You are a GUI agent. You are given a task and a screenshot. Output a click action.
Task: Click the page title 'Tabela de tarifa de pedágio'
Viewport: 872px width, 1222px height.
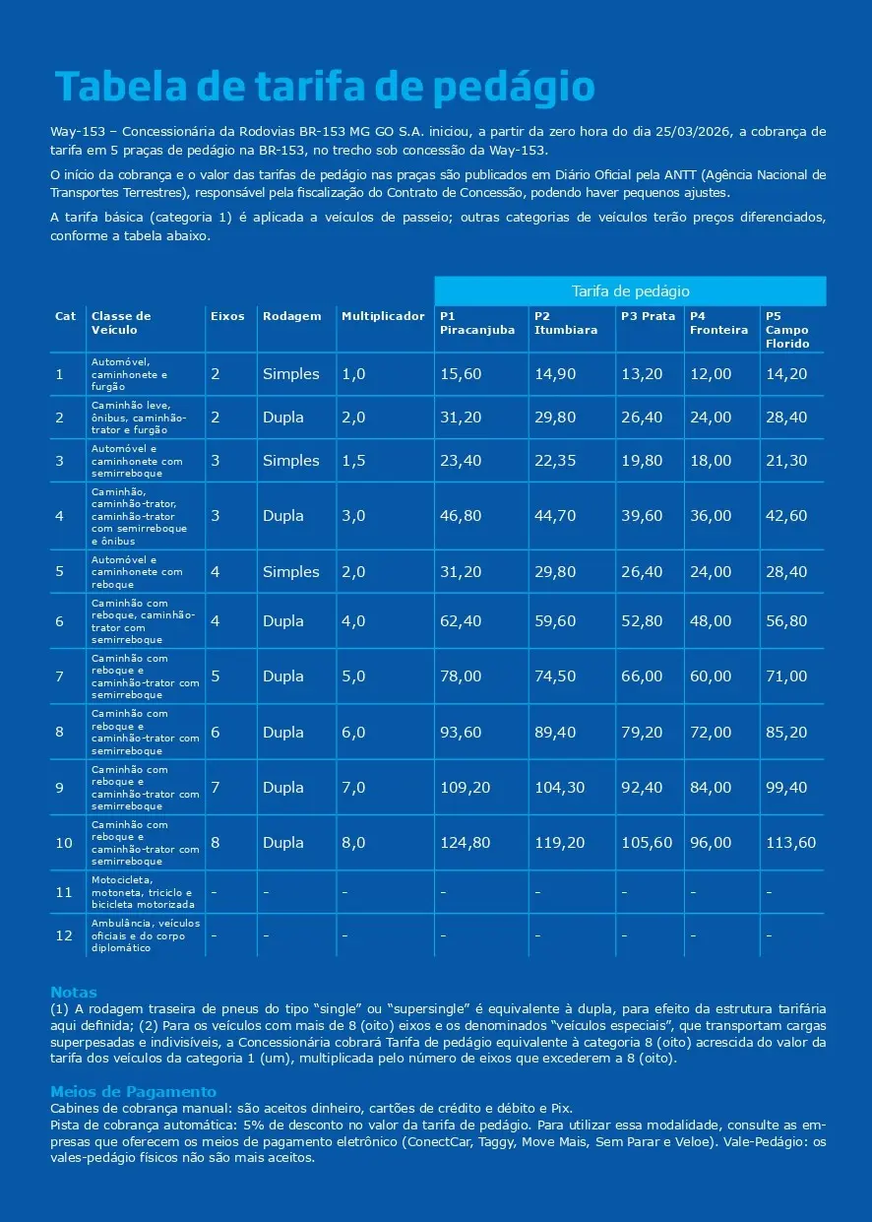[x=325, y=88]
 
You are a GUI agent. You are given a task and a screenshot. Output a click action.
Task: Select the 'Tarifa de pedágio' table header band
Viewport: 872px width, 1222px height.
[x=630, y=291]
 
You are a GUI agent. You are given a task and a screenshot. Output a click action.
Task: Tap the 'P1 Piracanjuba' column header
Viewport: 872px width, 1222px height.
[x=477, y=323]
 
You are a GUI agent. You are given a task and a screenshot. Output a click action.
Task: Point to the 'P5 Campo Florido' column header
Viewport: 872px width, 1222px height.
[x=787, y=330]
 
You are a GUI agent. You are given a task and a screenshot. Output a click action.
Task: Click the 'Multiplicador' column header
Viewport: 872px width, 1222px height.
[x=383, y=316]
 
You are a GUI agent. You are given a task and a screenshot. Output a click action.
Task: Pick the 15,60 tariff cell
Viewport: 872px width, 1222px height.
[x=461, y=374]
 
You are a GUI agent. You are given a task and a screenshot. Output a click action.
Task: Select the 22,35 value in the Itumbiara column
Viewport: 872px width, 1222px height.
[x=555, y=461]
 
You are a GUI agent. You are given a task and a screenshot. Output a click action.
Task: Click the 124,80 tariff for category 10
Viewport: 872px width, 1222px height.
[x=465, y=843]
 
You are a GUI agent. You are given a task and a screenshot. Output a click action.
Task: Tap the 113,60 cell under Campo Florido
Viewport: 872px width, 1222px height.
[x=791, y=843]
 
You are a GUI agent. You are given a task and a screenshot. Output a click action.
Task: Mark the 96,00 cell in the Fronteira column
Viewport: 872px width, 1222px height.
[x=711, y=843]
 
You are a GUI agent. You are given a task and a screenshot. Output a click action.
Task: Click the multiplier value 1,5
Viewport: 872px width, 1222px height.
[x=353, y=461]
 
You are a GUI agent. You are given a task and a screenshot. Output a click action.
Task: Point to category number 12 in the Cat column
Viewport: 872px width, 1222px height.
[x=64, y=935]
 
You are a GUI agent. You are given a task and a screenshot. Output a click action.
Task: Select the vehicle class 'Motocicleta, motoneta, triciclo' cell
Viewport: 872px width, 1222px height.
[x=143, y=892]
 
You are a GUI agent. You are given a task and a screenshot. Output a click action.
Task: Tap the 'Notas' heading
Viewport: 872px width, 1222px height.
[x=74, y=993]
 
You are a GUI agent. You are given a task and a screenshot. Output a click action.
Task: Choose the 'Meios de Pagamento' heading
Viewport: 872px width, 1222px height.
[x=133, y=1092]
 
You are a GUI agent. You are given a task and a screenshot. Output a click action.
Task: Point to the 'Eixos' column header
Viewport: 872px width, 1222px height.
[x=227, y=316]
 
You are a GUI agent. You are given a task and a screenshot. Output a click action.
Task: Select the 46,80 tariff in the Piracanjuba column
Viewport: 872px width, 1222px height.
[x=461, y=516]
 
